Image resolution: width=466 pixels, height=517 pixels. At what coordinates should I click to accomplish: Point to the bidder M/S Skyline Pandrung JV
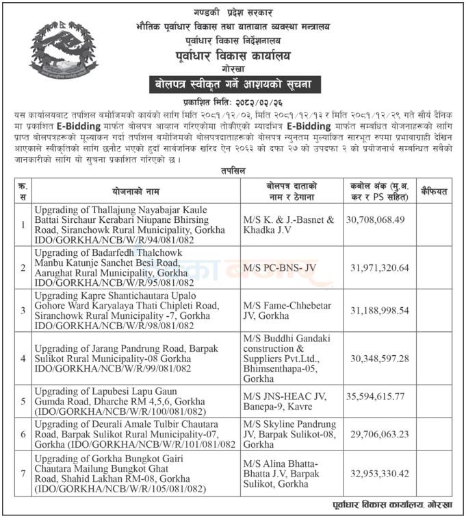tap(287, 434)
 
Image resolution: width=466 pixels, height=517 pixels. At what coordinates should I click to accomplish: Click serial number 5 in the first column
tap(23, 401)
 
